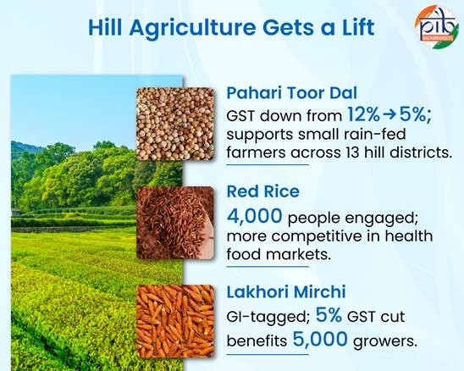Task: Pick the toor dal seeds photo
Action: tap(174, 124)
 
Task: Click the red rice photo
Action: tap(174, 224)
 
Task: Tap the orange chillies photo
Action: tap(174, 325)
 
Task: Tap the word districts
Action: tap(420, 152)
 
